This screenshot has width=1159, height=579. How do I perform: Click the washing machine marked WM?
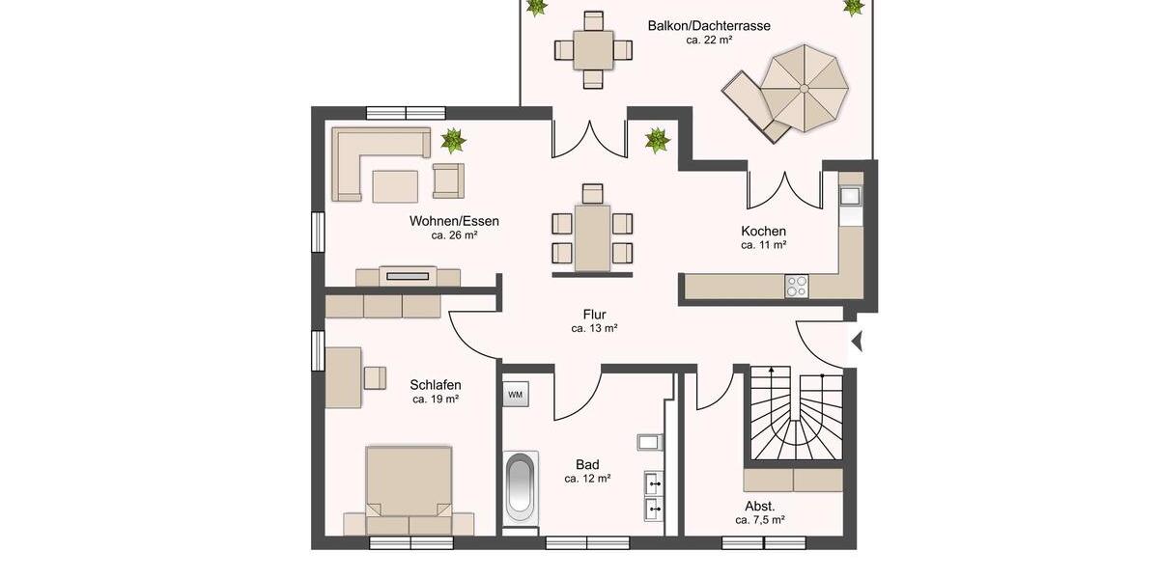coord(515,394)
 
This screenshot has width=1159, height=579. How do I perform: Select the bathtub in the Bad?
coord(521,488)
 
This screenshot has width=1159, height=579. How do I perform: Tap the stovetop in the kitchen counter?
coord(797,286)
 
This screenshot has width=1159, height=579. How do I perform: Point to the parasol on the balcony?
coord(803,88)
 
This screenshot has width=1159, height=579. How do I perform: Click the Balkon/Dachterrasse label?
coord(709,26)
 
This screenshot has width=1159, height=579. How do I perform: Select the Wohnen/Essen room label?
coord(454,220)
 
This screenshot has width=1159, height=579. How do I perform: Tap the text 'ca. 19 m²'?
coord(435,399)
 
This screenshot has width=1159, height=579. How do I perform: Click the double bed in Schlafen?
coord(410,487)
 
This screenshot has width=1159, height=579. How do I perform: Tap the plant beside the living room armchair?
coord(453,141)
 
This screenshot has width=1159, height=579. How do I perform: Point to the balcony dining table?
coord(592,49)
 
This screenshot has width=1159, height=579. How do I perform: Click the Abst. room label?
coord(759,506)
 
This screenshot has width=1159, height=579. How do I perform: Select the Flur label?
coord(594,314)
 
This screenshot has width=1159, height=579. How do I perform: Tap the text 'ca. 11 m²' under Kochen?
coord(763,245)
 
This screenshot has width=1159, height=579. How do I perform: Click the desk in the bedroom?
coord(343,376)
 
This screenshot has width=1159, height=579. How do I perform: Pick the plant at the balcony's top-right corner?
coord(854,8)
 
